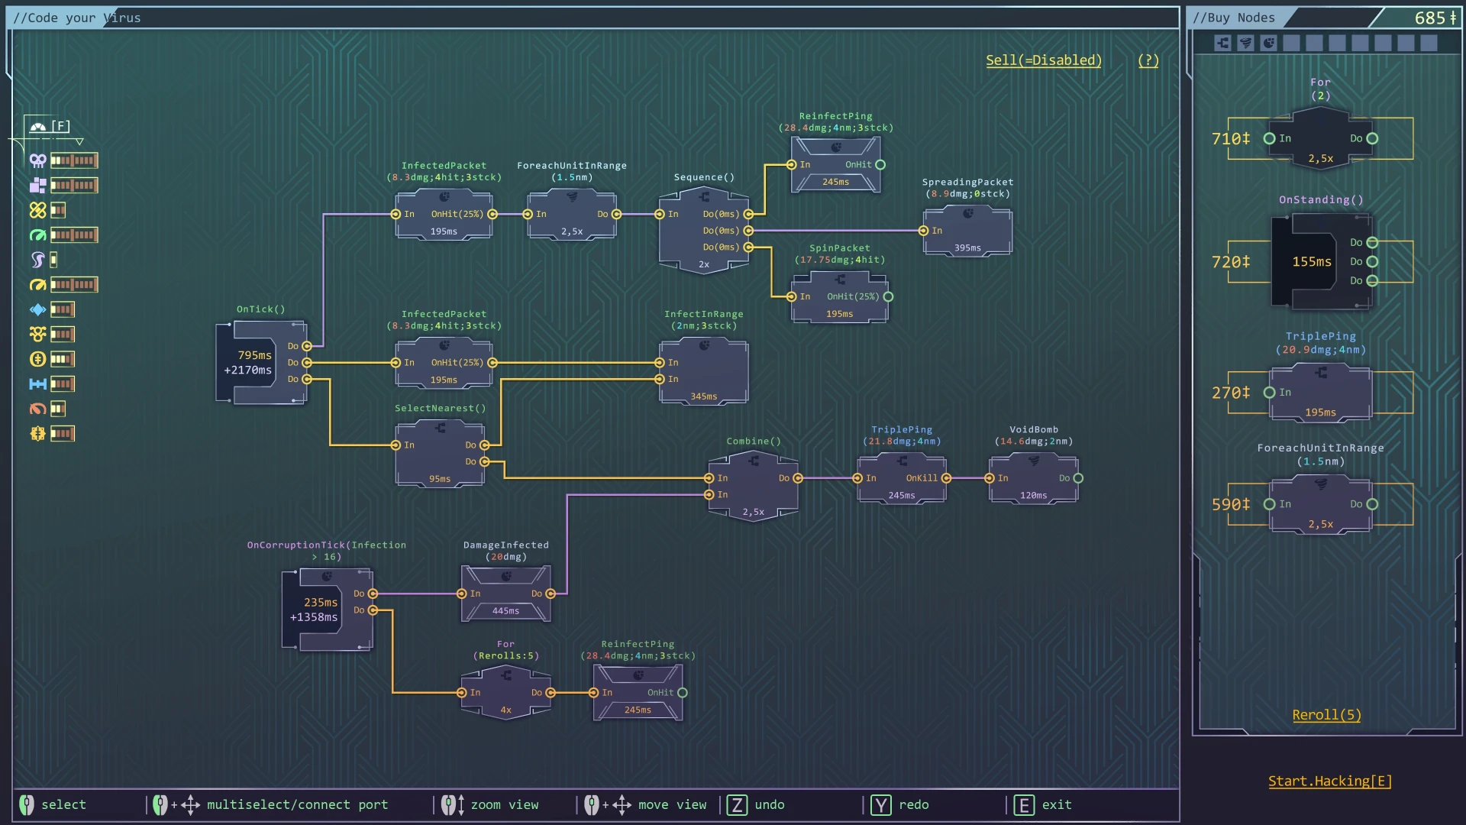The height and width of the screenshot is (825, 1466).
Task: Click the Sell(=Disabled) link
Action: point(1043,60)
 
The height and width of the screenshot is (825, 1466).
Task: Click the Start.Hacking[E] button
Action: point(1329,781)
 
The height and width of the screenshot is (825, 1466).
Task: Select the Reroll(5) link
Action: point(1326,715)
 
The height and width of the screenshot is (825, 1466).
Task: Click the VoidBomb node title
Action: point(1033,429)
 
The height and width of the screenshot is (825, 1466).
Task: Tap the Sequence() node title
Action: point(703,177)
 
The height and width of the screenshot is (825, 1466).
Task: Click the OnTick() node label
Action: point(260,309)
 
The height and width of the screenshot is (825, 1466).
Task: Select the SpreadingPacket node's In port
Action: point(923,231)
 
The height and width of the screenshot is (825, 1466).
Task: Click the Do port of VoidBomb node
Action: point(1078,478)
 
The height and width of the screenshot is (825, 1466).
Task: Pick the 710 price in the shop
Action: point(1230,139)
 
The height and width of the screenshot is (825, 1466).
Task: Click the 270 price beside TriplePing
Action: point(1230,393)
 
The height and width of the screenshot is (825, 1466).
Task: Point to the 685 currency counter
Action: point(1435,18)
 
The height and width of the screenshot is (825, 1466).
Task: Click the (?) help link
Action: point(1148,60)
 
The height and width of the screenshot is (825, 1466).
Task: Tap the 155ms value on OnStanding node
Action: point(1311,262)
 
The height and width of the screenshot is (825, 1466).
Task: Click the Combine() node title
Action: point(753,442)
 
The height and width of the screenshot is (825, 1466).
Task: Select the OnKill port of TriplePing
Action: point(946,478)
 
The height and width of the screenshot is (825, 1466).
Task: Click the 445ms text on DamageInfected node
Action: point(505,611)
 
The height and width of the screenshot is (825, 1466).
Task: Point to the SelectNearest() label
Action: point(440,409)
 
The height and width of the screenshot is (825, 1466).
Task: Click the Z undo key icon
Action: point(737,805)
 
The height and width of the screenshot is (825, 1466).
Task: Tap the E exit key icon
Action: point(1023,805)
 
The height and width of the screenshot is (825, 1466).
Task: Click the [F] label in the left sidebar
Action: point(60,126)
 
